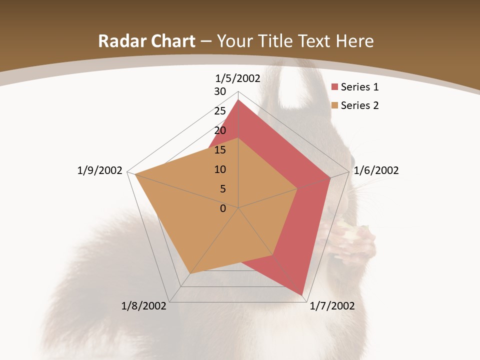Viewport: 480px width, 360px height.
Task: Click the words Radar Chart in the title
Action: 146,41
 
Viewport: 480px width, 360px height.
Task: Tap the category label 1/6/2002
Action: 376,170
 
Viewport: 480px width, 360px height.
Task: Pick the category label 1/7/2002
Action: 332,306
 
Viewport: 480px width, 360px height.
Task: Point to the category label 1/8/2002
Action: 144,306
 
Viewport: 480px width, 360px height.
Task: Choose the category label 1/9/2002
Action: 100,170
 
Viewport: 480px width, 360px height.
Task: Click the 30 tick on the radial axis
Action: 220,91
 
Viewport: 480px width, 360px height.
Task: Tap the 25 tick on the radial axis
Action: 220,111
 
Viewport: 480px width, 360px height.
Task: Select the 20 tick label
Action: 220,130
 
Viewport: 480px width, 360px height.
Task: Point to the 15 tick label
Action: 220,150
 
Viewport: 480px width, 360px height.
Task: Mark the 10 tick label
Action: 220,169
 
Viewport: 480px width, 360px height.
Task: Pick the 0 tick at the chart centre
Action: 223,208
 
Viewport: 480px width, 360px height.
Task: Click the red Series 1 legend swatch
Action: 335,87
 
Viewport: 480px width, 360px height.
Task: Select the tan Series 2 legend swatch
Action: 335,105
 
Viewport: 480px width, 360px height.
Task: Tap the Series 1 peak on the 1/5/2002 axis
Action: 238,100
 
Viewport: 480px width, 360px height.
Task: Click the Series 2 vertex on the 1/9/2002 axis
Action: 135,174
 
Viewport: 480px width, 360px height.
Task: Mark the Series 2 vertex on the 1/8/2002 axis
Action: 190,274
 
